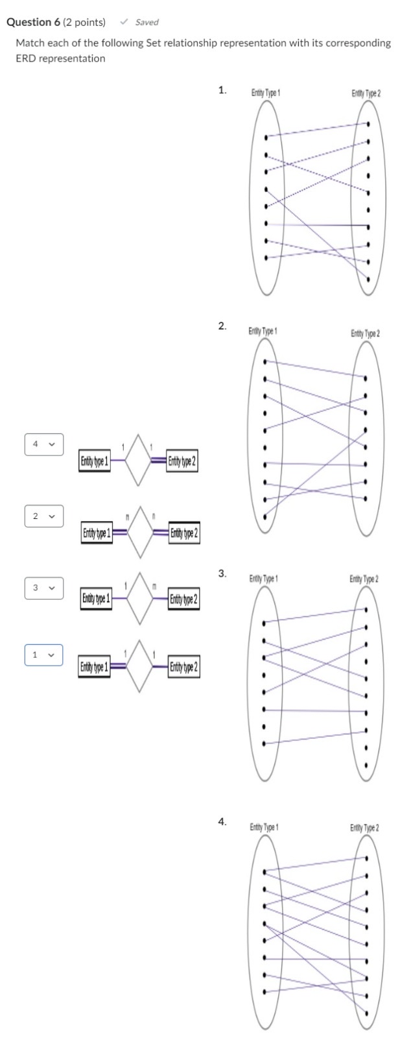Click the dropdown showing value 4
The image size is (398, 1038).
(44, 444)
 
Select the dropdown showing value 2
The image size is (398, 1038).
(44, 516)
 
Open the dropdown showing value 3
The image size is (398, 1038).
(44, 588)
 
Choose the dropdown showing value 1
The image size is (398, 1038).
(44, 655)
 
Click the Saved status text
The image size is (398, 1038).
(146, 22)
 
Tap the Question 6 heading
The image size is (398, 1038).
(56, 22)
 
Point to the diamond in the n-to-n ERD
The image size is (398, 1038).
(140, 533)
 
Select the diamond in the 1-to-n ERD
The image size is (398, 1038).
(140, 597)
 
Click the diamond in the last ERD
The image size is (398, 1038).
(140, 666)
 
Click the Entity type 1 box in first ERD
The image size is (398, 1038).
(95, 462)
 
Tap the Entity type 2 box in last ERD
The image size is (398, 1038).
(184, 667)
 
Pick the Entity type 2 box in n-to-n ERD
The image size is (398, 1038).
(184, 533)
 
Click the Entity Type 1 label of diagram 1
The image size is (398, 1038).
(265, 93)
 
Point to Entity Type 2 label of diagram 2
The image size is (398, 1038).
(366, 333)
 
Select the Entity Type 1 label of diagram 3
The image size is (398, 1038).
(264, 578)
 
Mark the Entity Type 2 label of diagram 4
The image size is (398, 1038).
(365, 828)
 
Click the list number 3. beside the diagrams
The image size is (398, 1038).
(222, 573)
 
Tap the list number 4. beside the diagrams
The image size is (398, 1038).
(222, 821)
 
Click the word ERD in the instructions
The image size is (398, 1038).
(25, 58)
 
